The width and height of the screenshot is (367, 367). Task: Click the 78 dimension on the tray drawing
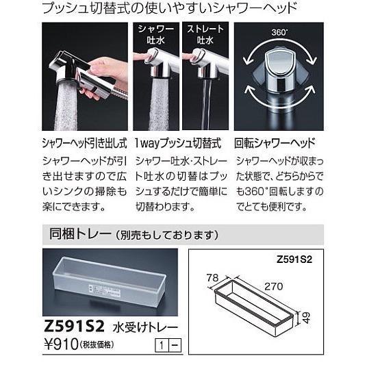click(x=212, y=277)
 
